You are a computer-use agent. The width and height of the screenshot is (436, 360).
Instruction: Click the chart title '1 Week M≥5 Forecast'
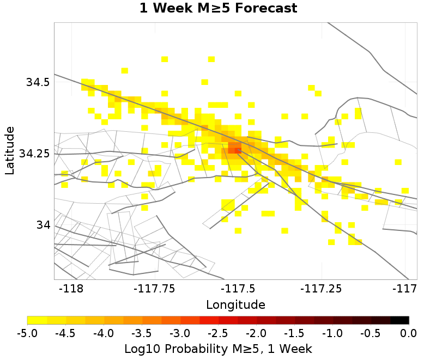click(218, 9)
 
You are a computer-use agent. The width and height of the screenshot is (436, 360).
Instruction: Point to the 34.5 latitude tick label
click(38, 82)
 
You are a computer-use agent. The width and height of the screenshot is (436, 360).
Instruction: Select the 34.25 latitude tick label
click(34, 154)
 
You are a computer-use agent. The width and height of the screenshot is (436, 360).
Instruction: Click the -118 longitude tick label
click(72, 288)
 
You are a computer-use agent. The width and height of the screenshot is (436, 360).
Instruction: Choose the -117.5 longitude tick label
click(238, 288)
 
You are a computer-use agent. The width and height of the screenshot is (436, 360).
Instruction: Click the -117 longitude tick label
click(405, 288)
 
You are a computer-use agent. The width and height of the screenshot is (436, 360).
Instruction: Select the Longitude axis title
click(235, 304)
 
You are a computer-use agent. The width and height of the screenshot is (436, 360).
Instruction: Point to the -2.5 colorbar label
click(218, 332)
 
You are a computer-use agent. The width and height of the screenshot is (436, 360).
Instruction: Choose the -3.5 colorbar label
click(142, 332)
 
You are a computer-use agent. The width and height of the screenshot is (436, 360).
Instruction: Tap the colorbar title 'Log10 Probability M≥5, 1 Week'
click(218, 347)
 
